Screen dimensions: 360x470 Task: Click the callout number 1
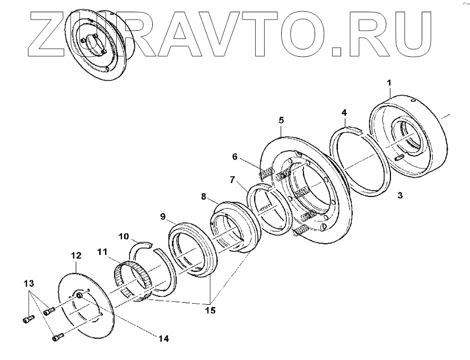(x=389, y=83)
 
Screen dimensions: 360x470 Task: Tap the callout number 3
(x=400, y=195)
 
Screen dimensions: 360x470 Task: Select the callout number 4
(x=344, y=113)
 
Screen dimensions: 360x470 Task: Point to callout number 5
(x=281, y=120)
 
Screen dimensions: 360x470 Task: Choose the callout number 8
(x=204, y=196)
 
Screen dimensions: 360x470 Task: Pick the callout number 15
(x=211, y=310)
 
